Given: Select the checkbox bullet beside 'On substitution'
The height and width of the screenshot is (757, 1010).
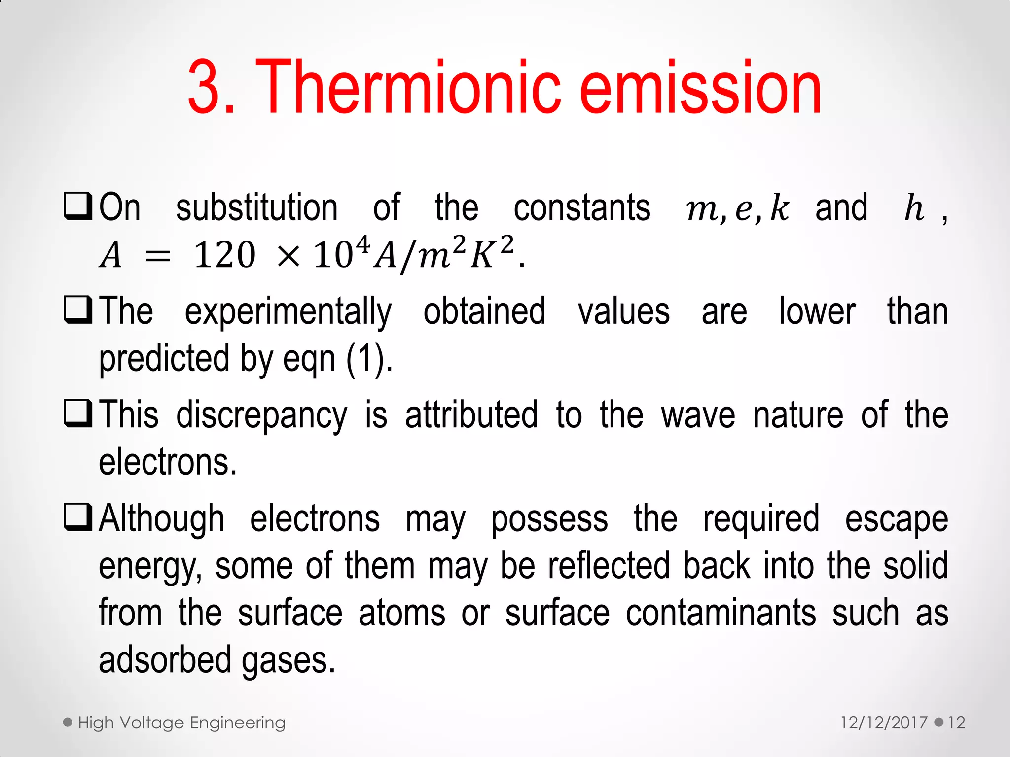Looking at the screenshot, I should [x=78, y=206].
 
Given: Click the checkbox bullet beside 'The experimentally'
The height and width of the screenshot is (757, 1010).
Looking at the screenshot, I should [x=78, y=310].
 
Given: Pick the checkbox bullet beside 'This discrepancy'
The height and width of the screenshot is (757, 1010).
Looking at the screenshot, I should [x=78, y=413].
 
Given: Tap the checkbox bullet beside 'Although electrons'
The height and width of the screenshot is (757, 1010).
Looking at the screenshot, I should [x=78, y=517].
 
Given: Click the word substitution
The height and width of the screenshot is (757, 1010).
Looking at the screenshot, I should [x=257, y=208].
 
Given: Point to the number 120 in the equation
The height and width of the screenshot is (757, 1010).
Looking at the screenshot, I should [x=224, y=256].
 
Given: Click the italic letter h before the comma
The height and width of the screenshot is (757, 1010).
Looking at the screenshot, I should [x=914, y=208].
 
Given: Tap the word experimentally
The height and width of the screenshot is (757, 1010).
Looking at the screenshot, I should [x=289, y=312].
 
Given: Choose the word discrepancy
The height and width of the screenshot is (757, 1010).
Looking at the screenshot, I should [x=262, y=416].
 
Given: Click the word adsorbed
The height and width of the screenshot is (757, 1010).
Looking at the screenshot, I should [x=165, y=660].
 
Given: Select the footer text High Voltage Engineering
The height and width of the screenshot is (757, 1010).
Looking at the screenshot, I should [x=181, y=723].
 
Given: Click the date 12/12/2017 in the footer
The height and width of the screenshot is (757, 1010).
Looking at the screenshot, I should [x=884, y=723].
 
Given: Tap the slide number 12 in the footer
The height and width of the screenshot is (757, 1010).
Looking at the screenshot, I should [x=956, y=723].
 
